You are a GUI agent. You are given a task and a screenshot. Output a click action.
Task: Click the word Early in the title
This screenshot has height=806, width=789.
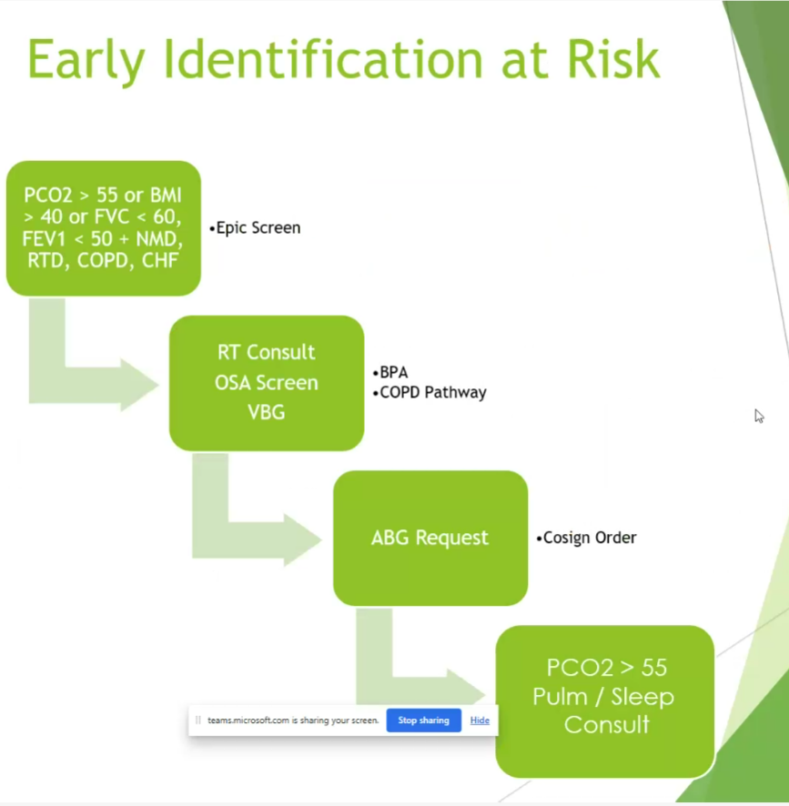point(86,61)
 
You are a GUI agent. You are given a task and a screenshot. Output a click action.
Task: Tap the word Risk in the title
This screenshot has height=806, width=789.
point(613,58)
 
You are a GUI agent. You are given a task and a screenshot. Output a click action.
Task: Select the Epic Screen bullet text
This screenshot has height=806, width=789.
point(255,227)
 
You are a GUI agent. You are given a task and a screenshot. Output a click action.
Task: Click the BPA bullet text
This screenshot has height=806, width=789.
point(390,372)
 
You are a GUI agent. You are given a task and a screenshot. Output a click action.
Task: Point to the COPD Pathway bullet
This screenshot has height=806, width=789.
point(430,392)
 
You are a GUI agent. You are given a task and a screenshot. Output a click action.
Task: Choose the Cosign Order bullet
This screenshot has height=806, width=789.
point(586,538)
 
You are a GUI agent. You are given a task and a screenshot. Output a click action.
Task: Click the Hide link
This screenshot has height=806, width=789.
point(480,720)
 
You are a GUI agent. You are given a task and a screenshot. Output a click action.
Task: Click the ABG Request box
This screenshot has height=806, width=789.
point(430,539)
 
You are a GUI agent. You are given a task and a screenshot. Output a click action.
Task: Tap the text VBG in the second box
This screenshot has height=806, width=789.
point(267,412)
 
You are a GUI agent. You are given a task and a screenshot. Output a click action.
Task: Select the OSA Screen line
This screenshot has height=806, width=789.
point(267,383)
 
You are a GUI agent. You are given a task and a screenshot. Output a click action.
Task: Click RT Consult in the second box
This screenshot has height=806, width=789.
point(266,353)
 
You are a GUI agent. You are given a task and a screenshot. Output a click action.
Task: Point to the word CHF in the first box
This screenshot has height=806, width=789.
point(160,260)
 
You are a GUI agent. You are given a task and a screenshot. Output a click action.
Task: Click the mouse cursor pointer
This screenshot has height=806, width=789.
point(759,416)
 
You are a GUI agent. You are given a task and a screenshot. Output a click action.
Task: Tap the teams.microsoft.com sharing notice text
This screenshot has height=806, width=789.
point(293,720)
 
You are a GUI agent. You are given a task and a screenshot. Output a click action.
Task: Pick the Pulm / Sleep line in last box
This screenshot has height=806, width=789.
point(602,697)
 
